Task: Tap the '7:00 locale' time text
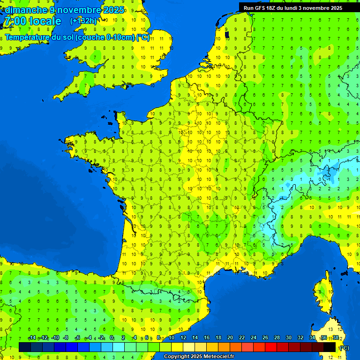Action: point(32,21)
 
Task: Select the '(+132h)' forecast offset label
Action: point(83,21)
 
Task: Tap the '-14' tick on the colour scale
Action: point(32,338)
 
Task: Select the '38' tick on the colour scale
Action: point(336,338)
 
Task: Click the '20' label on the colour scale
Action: point(230,338)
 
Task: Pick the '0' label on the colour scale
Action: point(112,338)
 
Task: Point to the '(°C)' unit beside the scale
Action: point(344,348)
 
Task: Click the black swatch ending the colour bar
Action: point(330,347)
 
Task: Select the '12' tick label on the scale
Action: point(183,338)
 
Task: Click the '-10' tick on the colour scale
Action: point(55,338)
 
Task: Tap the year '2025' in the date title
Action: point(114,10)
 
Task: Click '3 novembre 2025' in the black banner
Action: point(320,8)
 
